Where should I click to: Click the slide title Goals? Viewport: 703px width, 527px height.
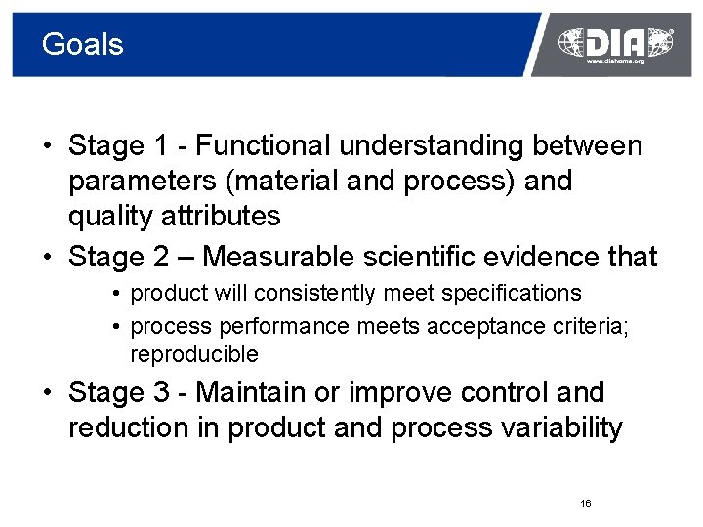pyautogui.click(x=83, y=44)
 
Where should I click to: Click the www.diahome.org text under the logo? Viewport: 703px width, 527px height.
pyautogui.click(x=615, y=61)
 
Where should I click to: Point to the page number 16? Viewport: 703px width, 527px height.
pyautogui.click(x=585, y=503)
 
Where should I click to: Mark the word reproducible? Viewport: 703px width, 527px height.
pyautogui.click(x=194, y=354)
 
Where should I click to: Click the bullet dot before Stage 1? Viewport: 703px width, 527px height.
pyautogui.click(x=47, y=147)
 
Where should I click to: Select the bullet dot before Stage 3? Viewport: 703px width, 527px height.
pyautogui.click(x=47, y=393)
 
